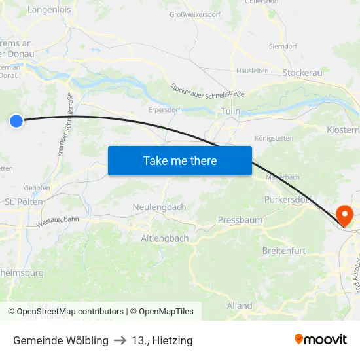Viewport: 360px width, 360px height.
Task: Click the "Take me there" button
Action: [179, 160]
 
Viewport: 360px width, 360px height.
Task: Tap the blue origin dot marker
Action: [16, 120]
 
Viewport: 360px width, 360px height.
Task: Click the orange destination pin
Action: [343, 215]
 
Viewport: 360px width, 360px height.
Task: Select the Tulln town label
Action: [231, 111]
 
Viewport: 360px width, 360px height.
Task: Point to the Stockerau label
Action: [302, 73]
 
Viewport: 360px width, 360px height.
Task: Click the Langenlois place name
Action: [50, 10]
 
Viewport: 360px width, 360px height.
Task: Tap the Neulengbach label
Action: [159, 207]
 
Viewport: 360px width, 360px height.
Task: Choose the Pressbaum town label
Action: [240, 220]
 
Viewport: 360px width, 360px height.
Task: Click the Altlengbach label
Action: [165, 238]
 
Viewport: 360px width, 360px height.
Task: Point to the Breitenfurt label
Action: [284, 251]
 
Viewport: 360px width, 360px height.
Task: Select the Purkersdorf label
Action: [286, 199]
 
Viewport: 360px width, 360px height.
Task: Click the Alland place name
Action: [240, 306]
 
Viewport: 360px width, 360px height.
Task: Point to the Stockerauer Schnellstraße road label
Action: [207, 90]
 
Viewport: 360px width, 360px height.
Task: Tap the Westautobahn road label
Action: [58, 221]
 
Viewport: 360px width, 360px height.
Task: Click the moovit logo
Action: [320, 339]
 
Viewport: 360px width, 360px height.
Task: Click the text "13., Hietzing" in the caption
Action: [162, 340]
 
